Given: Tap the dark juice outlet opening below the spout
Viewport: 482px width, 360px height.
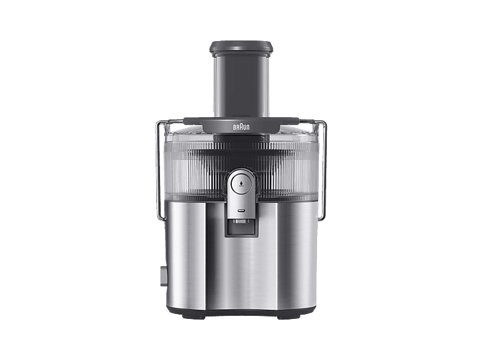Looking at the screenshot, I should click(241, 228).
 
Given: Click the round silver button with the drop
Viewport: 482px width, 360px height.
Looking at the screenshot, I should click(241, 184).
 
